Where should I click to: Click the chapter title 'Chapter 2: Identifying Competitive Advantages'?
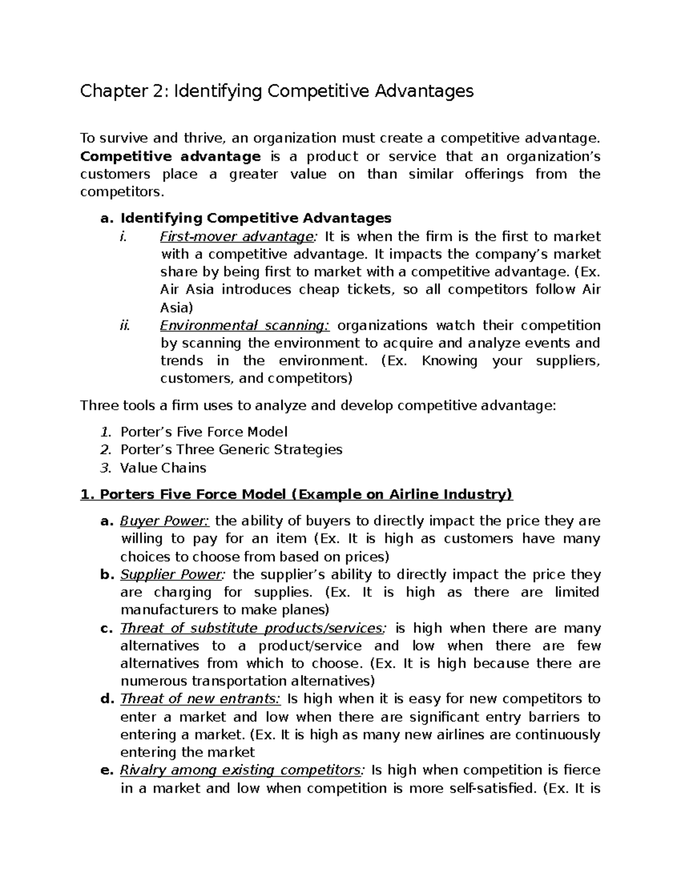point(276,91)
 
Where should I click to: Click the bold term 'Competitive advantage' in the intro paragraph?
point(170,156)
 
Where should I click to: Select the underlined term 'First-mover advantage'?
point(236,236)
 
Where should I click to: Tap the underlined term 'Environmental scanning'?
point(244,325)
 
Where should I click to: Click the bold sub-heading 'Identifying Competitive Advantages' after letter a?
point(256,218)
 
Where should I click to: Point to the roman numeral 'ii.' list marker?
point(125,325)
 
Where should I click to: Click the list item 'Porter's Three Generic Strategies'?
point(231,449)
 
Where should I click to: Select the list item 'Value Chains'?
point(163,467)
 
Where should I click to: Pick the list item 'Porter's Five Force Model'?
point(204,432)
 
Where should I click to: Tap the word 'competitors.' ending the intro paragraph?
point(121,192)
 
